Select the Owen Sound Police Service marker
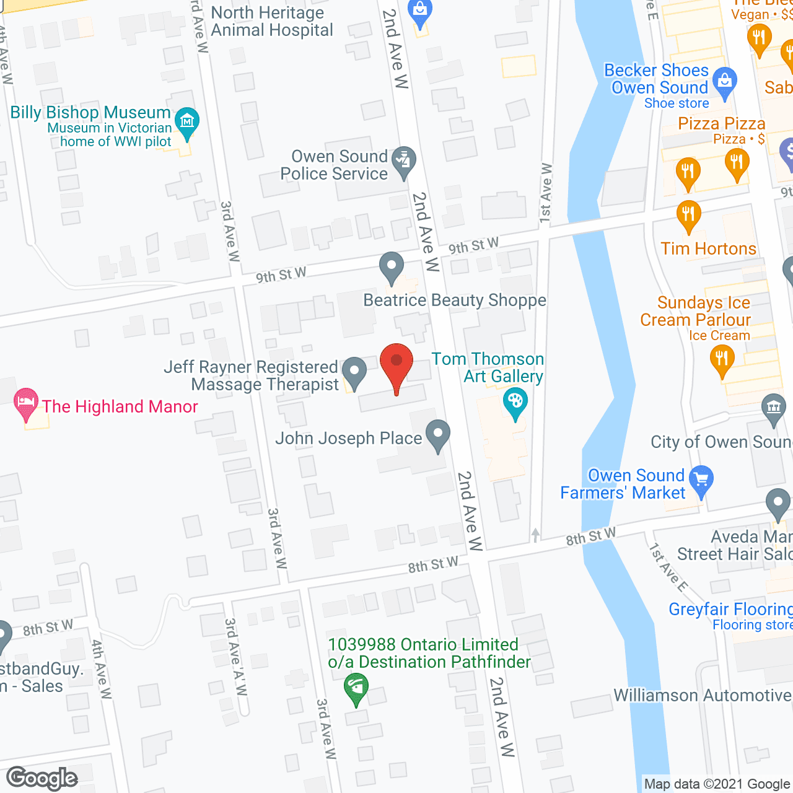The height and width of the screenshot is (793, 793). click(404, 162)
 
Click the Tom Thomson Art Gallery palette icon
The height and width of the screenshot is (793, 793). click(515, 402)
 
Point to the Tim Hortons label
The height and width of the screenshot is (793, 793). click(708, 249)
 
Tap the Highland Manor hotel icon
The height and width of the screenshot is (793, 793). click(26, 403)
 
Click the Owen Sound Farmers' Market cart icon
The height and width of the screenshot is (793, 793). click(701, 480)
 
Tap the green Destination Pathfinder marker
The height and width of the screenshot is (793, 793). click(356, 688)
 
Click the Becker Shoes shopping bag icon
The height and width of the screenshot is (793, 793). click(724, 81)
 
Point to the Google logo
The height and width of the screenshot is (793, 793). click(42, 778)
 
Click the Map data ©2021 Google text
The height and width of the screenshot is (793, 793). click(717, 784)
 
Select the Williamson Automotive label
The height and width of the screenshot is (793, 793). click(703, 696)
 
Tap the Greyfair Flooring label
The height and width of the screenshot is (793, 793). click(730, 610)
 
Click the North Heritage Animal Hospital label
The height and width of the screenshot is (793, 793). click(271, 22)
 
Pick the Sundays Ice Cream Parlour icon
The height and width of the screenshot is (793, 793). click(722, 360)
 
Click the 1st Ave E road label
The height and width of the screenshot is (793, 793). click(668, 567)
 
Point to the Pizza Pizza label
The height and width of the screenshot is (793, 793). click(721, 124)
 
